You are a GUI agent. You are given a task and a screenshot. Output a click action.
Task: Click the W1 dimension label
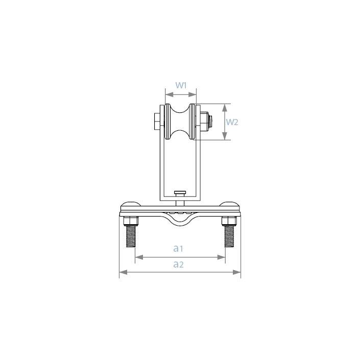181,85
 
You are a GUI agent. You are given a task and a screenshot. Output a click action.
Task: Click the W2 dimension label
232,122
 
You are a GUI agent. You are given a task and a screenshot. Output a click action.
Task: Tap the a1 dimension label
178,248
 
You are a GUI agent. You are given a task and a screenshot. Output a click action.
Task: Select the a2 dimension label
178,265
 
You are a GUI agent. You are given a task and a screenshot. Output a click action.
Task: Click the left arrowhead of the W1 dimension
169,94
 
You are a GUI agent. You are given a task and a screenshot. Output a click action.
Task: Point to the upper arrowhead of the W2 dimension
225,108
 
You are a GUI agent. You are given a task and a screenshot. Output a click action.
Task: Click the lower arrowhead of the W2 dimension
225,136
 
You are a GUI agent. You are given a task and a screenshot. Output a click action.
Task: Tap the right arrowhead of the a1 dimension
221,257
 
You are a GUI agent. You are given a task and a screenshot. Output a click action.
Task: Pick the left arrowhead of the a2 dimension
123,272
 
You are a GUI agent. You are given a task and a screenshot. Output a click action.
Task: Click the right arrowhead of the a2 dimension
237,272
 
